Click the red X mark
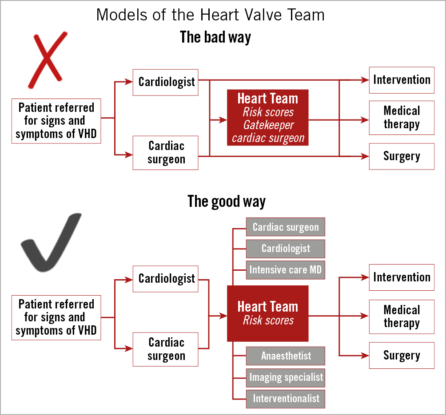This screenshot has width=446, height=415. click(x=48, y=59)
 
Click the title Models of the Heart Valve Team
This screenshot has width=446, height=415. click(x=210, y=15)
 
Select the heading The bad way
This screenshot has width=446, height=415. click(x=215, y=37)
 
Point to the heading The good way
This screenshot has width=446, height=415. click(x=227, y=201)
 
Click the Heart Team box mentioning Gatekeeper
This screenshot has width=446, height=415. click(x=268, y=118)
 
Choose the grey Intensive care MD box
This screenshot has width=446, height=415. click(x=286, y=270)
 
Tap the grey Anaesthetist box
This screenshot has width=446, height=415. click(x=286, y=356)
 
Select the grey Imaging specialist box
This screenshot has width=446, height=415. click(x=286, y=377)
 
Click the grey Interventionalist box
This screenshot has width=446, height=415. click(x=286, y=399)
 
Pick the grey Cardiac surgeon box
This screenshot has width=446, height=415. click(x=286, y=227)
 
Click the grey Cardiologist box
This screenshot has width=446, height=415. click(x=286, y=249)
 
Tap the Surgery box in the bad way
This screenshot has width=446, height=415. click(x=402, y=156)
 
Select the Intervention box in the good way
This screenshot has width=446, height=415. click(x=402, y=277)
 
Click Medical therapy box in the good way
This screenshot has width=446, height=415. click(x=402, y=316)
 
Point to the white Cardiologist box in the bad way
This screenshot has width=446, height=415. click(x=166, y=82)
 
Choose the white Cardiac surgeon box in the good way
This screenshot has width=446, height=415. click(x=166, y=349)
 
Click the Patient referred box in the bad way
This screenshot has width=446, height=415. click(x=56, y=121)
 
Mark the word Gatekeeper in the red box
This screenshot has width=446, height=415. click(x=268, y=125)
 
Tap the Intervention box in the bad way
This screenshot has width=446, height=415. click(x=402, y=80)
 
